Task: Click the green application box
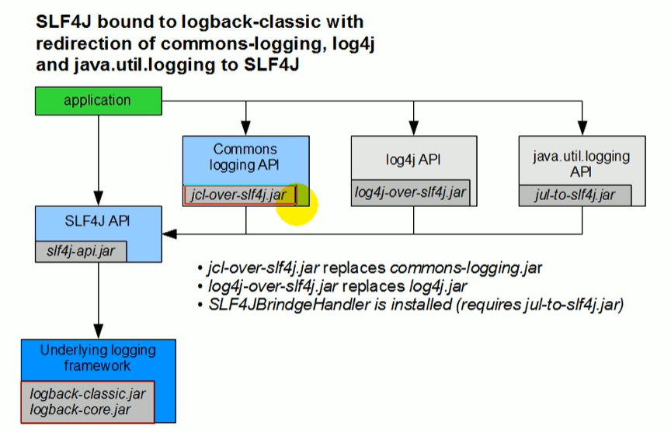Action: click(x=97, y=101)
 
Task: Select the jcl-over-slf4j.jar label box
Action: click(x=239, y=195)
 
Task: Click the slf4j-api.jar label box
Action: click(x=81, y=251)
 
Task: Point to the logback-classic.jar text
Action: click(x=82, y=394)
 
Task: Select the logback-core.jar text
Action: click(x=76, y=410)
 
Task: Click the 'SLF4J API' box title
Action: click(x=99, y=220)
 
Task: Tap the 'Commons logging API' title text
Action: click(x=245, y=156)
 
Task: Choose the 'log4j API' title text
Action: click(x=413, y=160)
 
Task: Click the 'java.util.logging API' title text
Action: click(x=582, y=164)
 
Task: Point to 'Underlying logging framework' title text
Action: click(x=98, y=358)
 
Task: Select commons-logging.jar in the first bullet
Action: click(x=466, y=268)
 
